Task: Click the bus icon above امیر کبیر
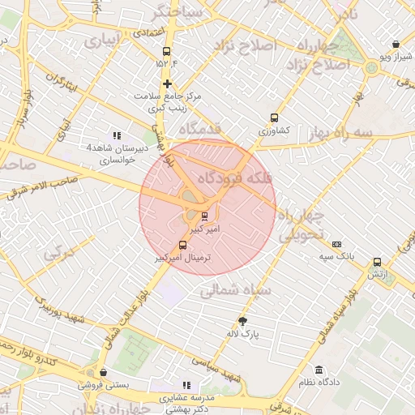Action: click(203, 216)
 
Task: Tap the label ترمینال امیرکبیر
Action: click(183, 257)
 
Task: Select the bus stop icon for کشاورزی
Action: click(274, 118)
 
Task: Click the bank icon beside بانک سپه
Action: click(337, 244)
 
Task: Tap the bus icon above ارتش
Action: click(377, 262)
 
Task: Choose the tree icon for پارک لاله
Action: click(242, 321)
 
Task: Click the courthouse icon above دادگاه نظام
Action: click(319, 370)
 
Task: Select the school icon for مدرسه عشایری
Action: click(186, 386)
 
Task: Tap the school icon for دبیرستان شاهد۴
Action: click(117, 135)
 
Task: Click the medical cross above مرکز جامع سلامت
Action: click(167, 83)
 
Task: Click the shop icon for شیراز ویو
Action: click(395, 45)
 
